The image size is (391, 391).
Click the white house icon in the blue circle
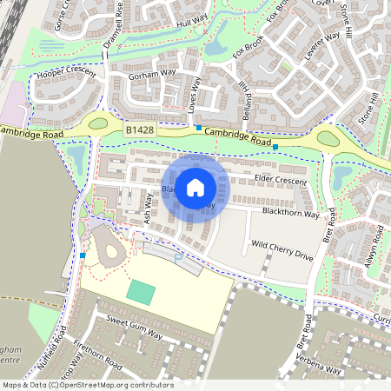195,188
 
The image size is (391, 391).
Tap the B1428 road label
138,130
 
